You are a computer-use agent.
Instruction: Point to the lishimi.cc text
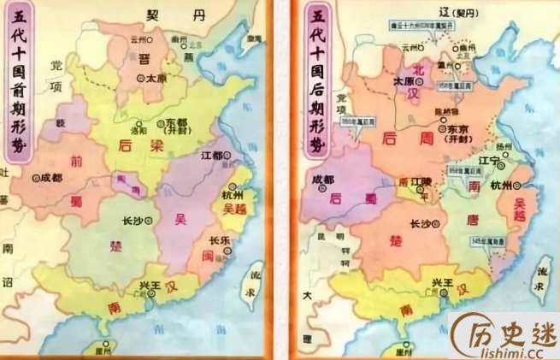point(510,350)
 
